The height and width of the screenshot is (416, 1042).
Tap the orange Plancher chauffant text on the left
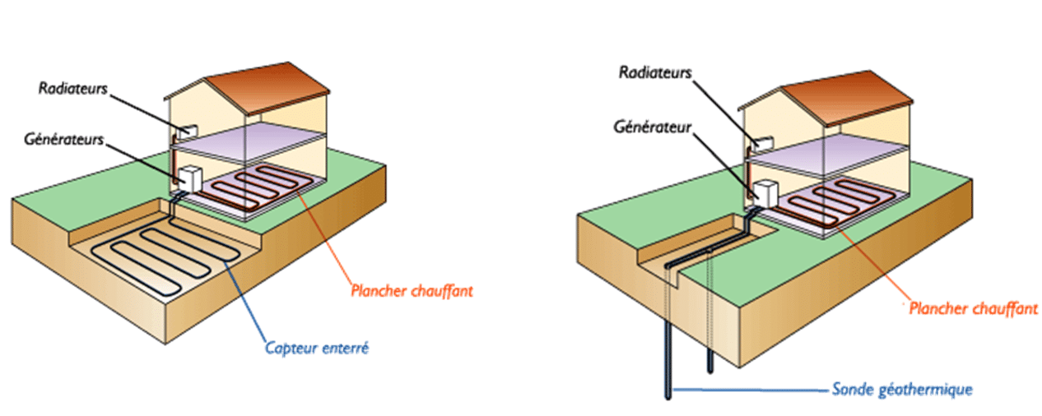pos(412,290)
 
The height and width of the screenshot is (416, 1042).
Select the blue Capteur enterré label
pos(316,348)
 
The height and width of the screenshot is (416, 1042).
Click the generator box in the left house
pos(190,179)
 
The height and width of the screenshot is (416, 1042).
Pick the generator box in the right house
pos(766,194)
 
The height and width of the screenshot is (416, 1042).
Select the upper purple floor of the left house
pos(248,135)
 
